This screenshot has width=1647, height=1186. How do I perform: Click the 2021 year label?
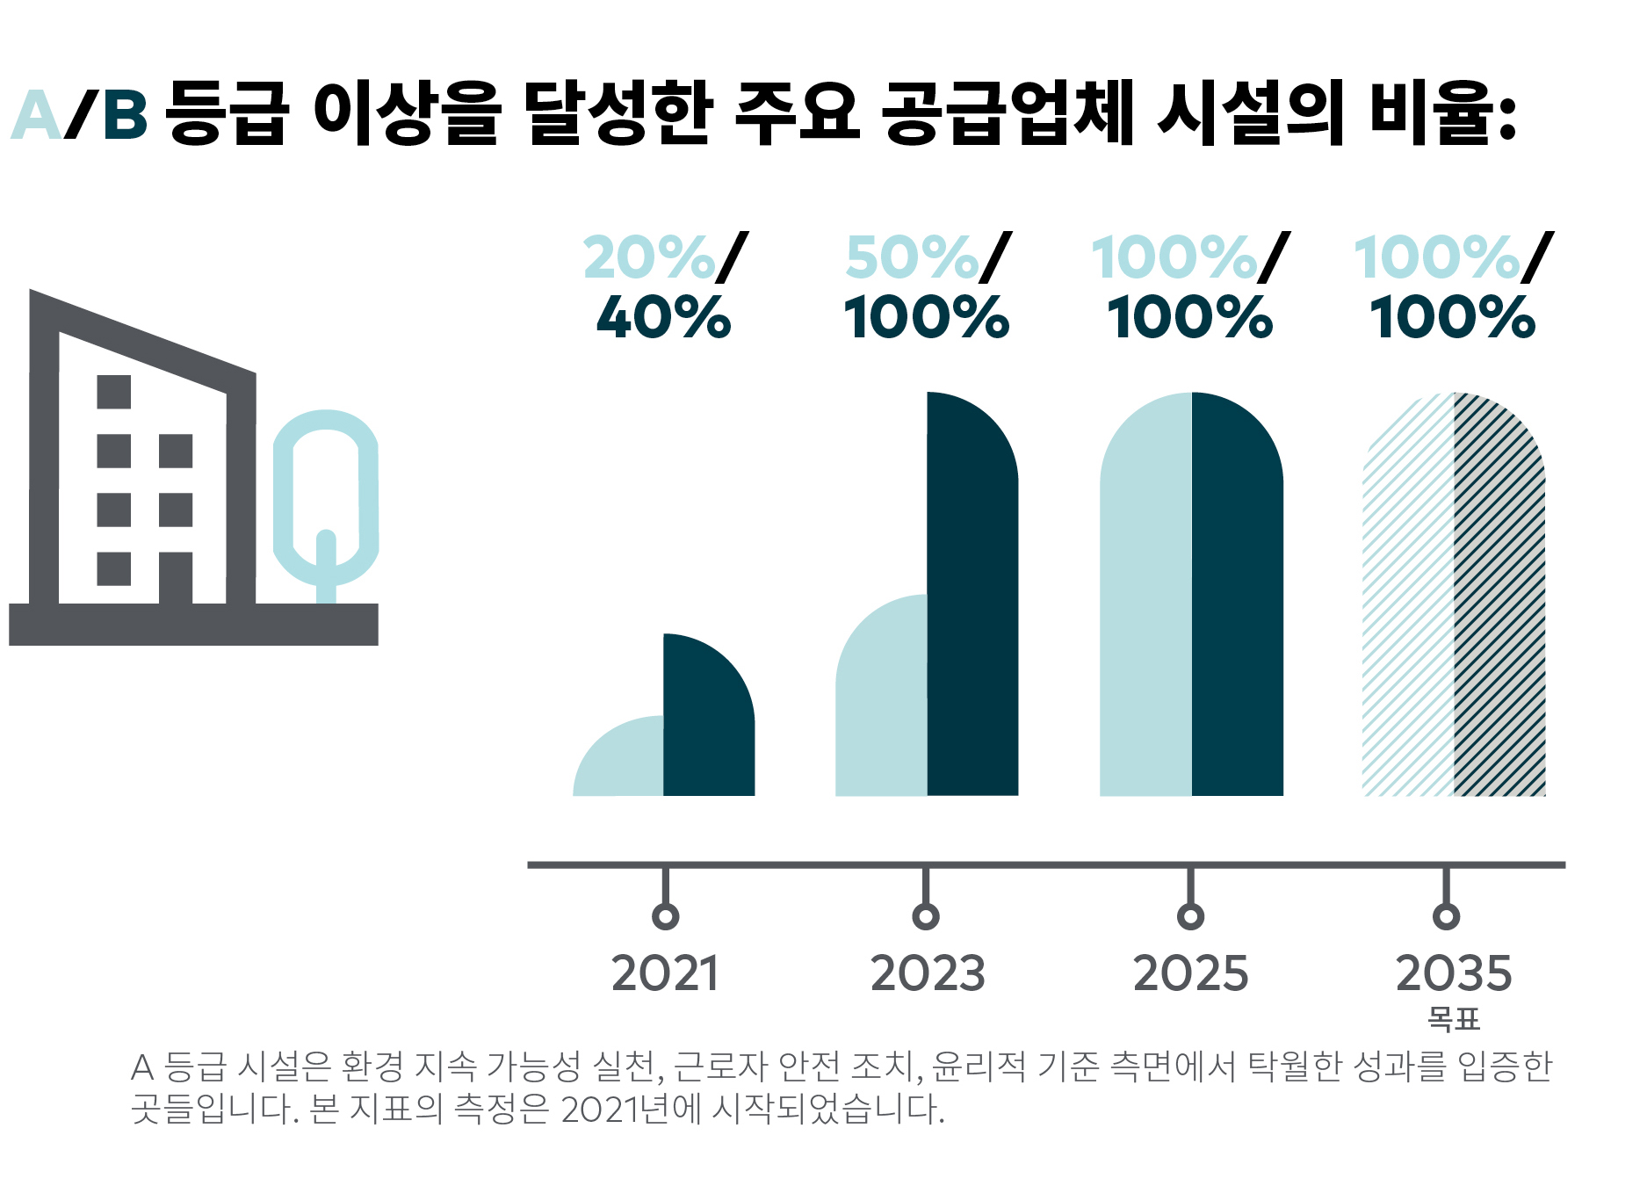click(665, 973)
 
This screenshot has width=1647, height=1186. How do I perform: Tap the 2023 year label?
click(928, 973)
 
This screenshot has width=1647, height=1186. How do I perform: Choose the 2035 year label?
click(1454, 973)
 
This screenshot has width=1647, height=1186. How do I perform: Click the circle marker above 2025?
click(1190, 916)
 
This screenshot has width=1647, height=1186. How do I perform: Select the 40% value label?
click(663, 317)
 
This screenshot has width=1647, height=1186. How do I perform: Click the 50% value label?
click(912, 257)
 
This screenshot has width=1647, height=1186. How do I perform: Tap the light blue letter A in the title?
click(37, 116)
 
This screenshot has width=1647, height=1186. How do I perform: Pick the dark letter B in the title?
click(125, 116)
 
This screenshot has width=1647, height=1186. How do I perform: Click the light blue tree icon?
click(326, 501)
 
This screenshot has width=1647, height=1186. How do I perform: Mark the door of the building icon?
click(176, 577)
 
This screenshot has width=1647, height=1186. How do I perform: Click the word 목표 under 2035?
click(1454, 1019)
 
